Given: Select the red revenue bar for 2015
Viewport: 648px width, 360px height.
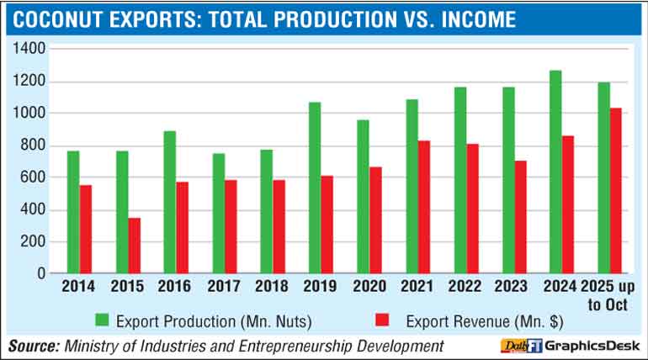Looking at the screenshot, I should point(135,246).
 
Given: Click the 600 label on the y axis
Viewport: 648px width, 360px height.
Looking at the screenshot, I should point(33,177).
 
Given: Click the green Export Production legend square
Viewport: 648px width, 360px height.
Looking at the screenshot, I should point(102,320).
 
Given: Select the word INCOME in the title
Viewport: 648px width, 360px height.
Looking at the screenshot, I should point(468,19).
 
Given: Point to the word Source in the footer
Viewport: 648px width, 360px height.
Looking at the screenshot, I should point(33,345).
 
